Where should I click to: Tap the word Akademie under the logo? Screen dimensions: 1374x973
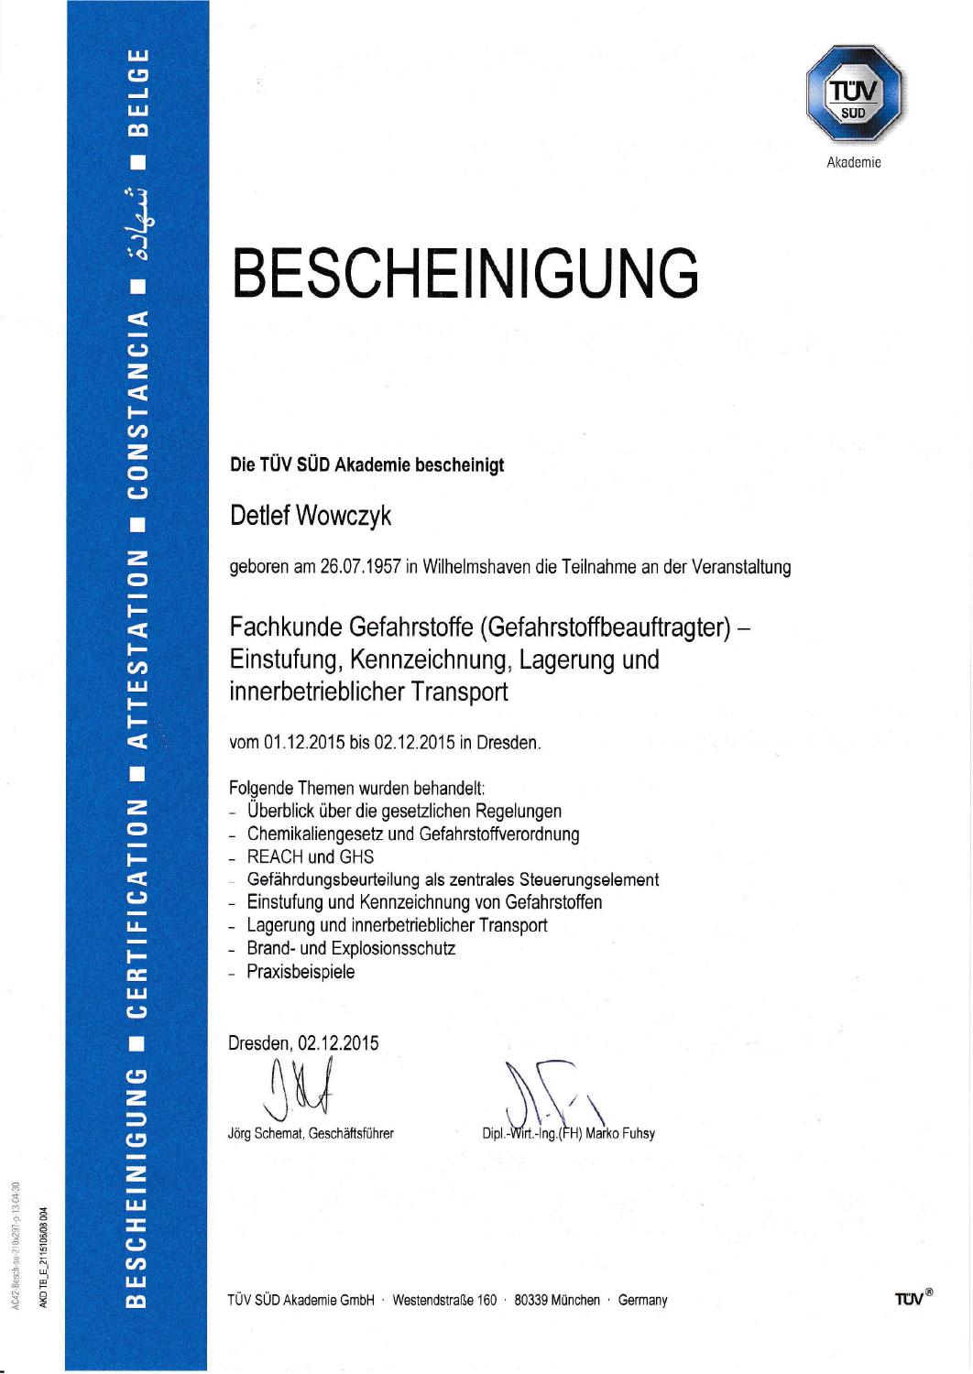tap(854, 163)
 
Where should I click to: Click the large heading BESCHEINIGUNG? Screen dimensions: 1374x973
tap(465, 273)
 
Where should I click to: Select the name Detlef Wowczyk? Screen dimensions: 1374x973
tap(311, 516)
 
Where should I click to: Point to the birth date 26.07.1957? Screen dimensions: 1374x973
tap(360, 567)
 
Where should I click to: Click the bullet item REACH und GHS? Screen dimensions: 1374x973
tap(311, 857)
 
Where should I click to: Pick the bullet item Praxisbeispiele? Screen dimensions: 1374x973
tap(301, 972)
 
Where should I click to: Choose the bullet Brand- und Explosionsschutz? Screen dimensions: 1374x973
tap(351, 949)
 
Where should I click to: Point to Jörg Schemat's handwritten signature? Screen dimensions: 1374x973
tap(301, 1088)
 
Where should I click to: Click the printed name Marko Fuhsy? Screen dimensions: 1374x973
tap(620, 1134)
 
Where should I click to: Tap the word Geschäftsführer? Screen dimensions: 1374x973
tap(351, 1134)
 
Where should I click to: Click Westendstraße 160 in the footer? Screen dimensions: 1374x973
tap(444, 1301)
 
